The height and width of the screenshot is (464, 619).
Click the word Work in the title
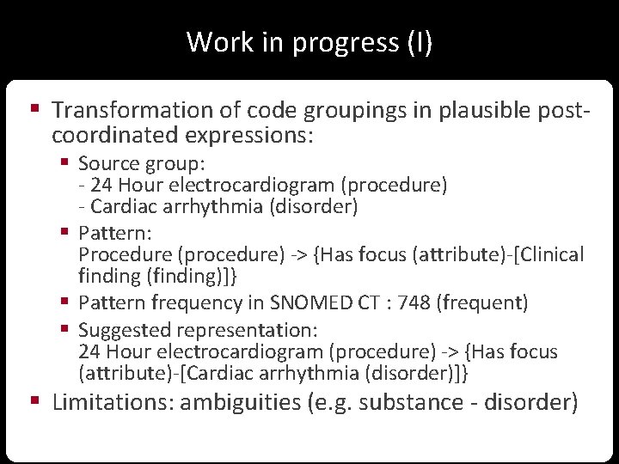tap(209, 42)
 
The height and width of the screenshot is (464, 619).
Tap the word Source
tap(105, 163)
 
